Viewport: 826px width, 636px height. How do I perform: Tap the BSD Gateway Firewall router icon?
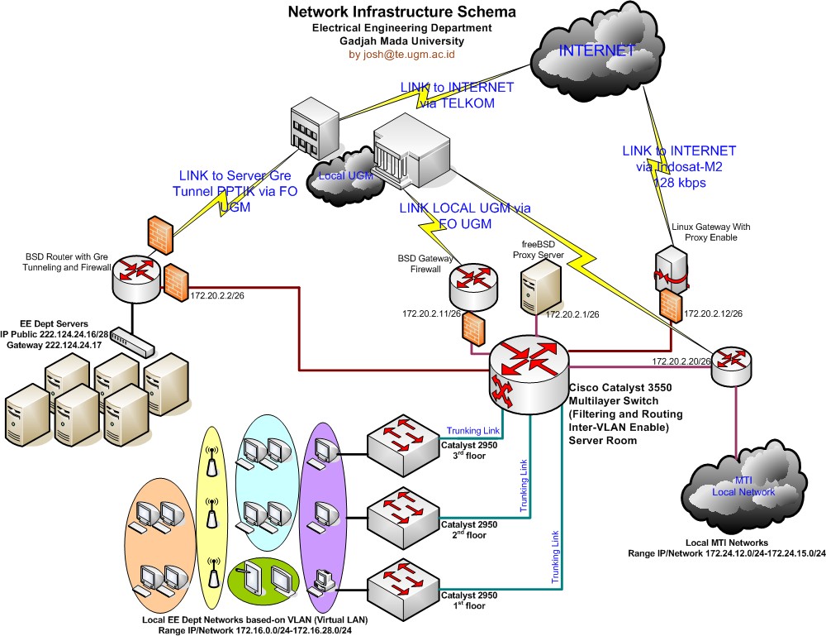pyautogui.click(x=473, y=286)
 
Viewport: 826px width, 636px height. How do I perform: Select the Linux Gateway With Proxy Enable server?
pyautogui.click(x=669, y=269)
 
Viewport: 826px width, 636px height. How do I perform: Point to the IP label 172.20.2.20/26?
pyautogui.click(x=681, y=361)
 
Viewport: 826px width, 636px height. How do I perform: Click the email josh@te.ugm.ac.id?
pyautogui.click(x=401, y=54)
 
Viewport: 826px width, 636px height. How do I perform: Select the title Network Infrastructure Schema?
pyautogui.click(x=401, y=12)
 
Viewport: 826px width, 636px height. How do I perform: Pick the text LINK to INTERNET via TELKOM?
pyautogui.click(x=457, y=95)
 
